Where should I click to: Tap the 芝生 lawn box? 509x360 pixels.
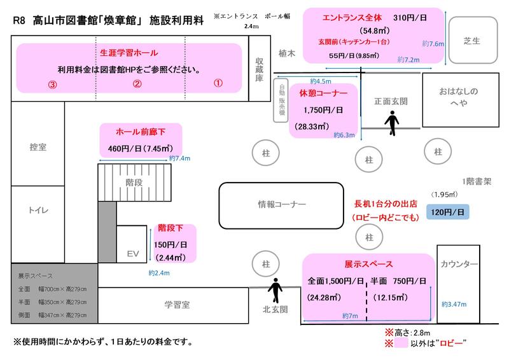471,41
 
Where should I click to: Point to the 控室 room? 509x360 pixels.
38,147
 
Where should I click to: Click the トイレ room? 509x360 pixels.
38,211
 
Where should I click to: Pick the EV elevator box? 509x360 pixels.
132,253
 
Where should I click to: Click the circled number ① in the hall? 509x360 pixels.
217,83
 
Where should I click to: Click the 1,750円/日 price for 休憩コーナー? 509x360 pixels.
323,109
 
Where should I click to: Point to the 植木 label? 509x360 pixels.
288,55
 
